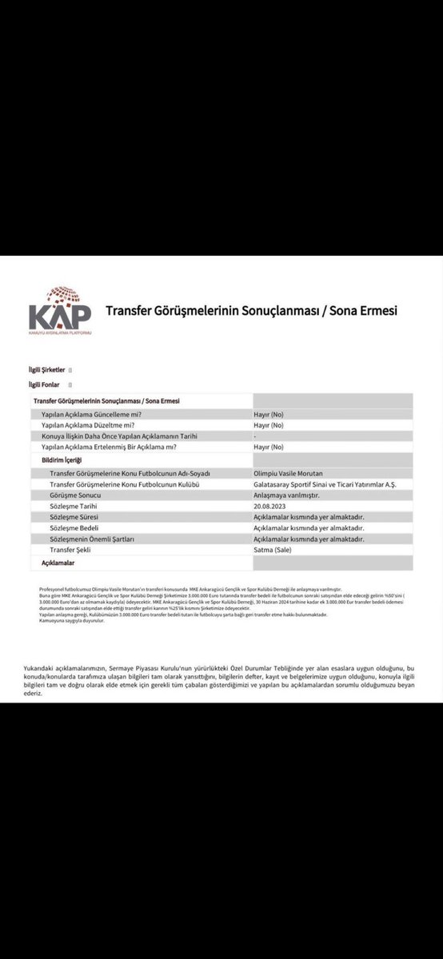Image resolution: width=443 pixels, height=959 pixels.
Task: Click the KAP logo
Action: pyautogui.click(x=60, y=309)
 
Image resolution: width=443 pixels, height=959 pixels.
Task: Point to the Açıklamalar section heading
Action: pyautogui.click(x=58, y=563)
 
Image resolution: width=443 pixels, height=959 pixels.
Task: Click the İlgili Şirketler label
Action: pyautogui.click(x=47, y=370)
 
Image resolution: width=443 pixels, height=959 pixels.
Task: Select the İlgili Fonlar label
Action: pyautogui.click(x=45, y=384)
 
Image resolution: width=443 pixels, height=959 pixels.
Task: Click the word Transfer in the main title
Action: pyautogui.click(x=130, y=310)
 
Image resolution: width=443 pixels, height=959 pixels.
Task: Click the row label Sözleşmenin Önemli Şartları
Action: pyautogui.click(x=91, y=539)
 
